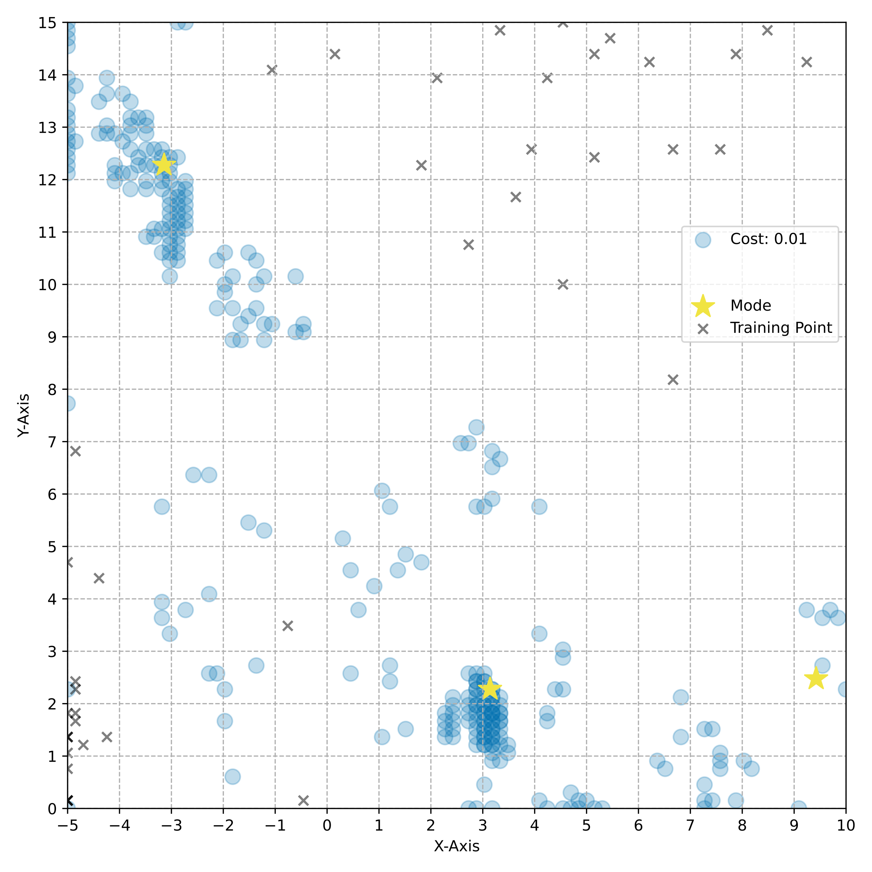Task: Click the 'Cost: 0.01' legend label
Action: pyautogui.click(x=768, y=239)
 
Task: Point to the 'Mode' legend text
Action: pyautogui.click(x=751, y=306)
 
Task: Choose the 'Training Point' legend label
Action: pyautogui.click(x=781, y=328)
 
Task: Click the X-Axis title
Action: pyautogui.click(x=456, y=846)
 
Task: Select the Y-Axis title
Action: pyautogui.click(x=24, y=415)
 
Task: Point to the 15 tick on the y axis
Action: pyautogui.click(x=47, y=23)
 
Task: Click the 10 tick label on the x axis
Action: pyautogui.click(x=845, y=825)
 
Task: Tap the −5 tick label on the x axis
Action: pyautogui.click(x=67, y=825)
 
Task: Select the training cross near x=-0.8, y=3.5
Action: pyautogui.click(x=287, y=626)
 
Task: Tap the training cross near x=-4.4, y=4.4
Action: pyautogui.click(x=99, y=578)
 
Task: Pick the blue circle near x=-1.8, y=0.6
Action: pyautogui.click(x=233, y=777)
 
